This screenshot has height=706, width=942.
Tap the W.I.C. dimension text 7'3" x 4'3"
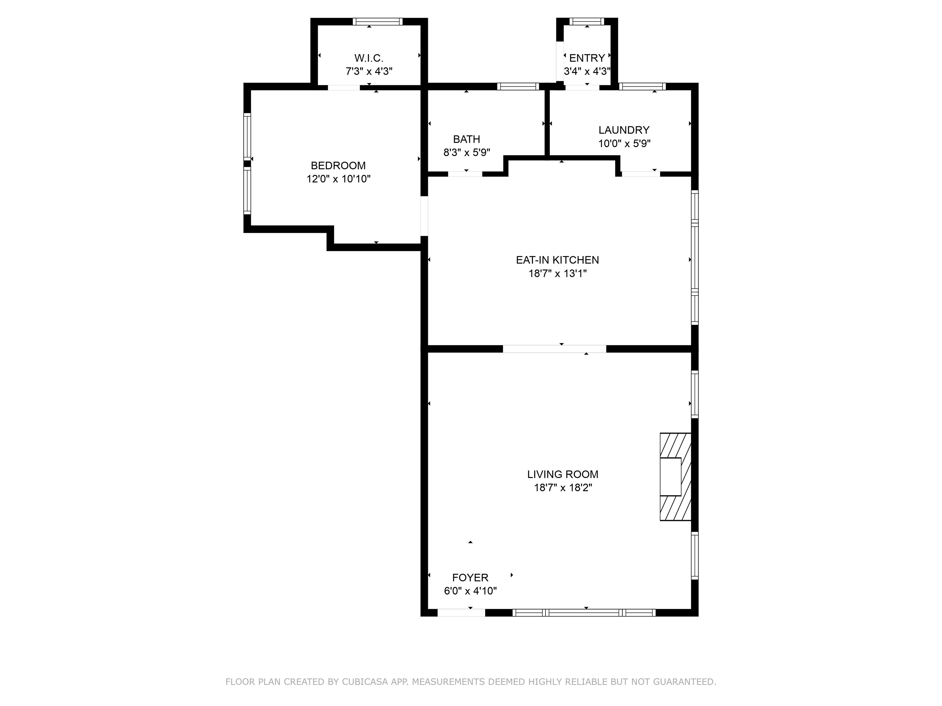[369, 71]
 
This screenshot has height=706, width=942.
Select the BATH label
[466, 139]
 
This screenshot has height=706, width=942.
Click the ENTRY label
[587, 58]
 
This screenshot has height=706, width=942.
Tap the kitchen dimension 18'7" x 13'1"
[557, 273]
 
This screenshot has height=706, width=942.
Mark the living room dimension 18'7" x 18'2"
[563, 488]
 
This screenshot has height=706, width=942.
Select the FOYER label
[470, 578]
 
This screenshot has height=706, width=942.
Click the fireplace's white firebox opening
[670, 476]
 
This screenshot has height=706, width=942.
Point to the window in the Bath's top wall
[518, 86]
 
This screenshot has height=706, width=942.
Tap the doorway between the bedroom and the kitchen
[424, 216]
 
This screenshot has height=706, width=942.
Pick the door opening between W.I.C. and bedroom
[344, 88]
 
